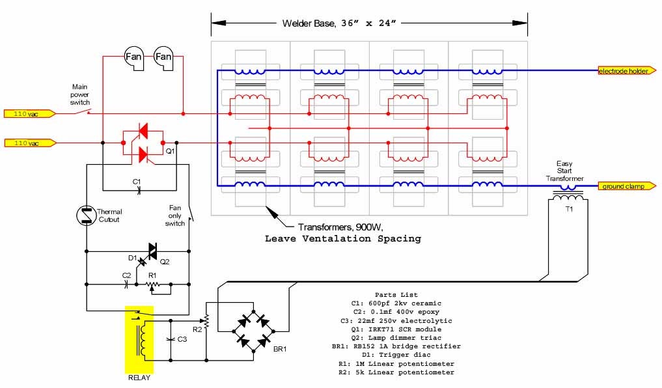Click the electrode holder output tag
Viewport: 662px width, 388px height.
click(x=627, y=71)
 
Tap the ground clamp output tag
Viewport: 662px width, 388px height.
click(x=627, y=186)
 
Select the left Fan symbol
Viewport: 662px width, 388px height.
click(x=133, y=58)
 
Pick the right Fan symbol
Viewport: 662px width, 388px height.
click(x=163, y=58)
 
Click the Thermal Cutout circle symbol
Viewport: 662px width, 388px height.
click(x=86, y=215)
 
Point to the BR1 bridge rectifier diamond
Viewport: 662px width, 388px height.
click(x=253, y=331)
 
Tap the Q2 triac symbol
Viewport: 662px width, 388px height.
click(x=152, y=251)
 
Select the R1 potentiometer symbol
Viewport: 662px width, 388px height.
click(x=153, y=285)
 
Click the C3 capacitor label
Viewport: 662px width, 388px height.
click(x=182, y=339)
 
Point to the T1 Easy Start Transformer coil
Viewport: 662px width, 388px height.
click(x=568, y=197)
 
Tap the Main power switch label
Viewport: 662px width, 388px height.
click(x=80, y=94)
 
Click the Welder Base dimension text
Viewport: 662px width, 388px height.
click(x=339, y=23)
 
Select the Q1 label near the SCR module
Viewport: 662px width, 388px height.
click(x=170, y=151)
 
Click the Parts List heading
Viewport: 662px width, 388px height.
click(x=396, y=295)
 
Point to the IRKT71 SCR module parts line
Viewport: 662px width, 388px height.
click(x=396, y=329)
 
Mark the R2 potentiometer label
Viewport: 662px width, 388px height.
click(x=197, y=329)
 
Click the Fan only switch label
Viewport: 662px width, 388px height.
click(x=175, y=215)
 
